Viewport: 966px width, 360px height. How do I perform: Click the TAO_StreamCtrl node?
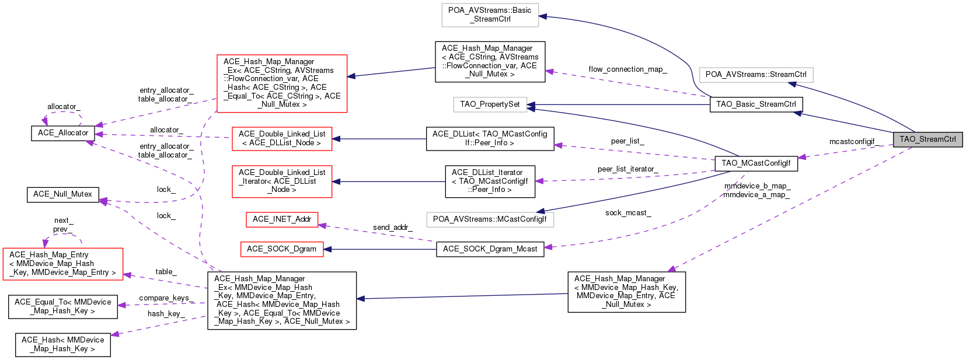pyautogui.click(x=927, y=139)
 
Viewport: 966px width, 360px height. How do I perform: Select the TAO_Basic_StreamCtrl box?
pyautogui.click(x=756, y=104)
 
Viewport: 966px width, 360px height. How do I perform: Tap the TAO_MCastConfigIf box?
pyautogui.click(x=756, y=163)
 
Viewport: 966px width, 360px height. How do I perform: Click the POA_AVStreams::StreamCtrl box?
pyautogui.click(x=756, y=75)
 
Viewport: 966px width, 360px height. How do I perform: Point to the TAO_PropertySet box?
pyautogui.click(x=490, y=104)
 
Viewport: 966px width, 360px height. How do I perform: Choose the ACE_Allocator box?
pyautogui.click(x=63, y=133)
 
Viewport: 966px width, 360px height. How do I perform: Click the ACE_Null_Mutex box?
pyautogui.click(x=62, y=194)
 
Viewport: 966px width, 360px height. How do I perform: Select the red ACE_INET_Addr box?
pyautogui.click(x=282, y=219)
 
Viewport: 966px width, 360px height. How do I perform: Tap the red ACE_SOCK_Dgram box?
pyautogui.click(x=281, y=249)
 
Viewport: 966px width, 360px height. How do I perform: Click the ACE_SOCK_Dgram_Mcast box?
pyautogui.click(x=490, y=249)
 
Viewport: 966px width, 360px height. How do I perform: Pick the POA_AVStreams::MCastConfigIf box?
pyautogui.click(x=490, y=219)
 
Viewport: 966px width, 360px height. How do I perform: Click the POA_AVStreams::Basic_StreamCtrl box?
pyautogui.click(x=490, y=15)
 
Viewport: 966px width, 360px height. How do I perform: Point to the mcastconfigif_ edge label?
pyautogui.click(x=852, y=142)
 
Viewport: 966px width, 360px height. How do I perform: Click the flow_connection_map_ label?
pyautogui.click(x=627, y=69)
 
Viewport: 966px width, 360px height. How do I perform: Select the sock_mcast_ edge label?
pyautogui.click(x=628, y=213)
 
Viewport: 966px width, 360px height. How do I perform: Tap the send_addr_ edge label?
pyautogui.click(x=392, y=228)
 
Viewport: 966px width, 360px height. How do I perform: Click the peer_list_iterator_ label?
pyautogui.click(x=627, y=169)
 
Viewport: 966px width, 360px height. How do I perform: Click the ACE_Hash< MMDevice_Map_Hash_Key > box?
pyautogui.click(x=62, y=344)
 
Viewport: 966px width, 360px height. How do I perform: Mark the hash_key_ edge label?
pyautogui.click(x=166, y=314)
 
